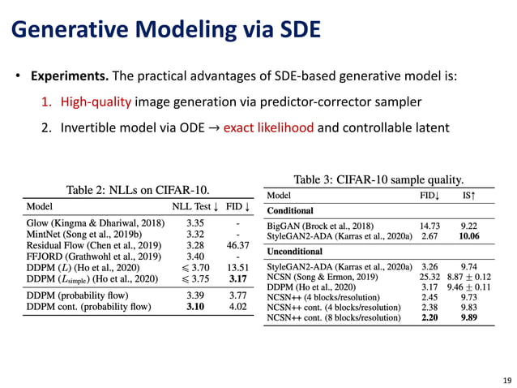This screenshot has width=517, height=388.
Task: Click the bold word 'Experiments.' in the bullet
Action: [x=69, y=76]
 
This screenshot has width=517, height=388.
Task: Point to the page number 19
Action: [x=506, y=379]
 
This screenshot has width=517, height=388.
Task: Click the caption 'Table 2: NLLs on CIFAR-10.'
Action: [x=142, y=189]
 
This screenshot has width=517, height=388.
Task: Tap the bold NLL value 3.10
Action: [x=194, y=307]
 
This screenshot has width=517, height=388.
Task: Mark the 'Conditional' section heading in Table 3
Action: [x=290, y=210]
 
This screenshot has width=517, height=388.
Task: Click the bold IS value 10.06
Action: [x=468, y=236]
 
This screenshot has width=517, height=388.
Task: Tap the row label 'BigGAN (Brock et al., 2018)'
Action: [x=320, y=225]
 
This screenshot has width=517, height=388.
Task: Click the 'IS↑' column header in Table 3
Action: [x=468, y=196]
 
